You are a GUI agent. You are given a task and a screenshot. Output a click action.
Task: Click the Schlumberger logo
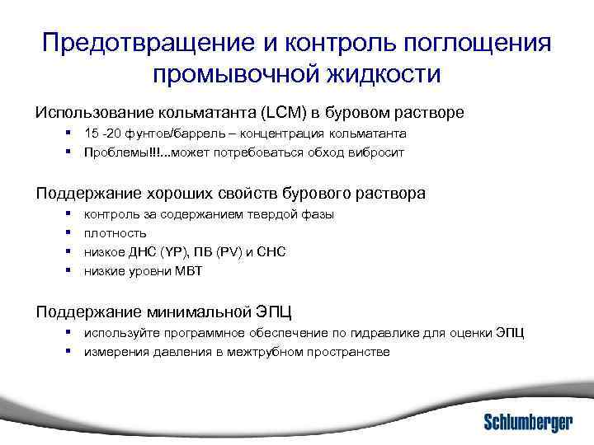[x=527, y=423]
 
